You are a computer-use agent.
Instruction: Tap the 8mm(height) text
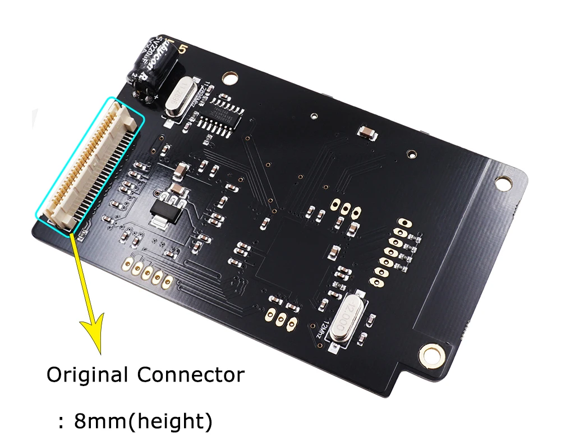click(143, 421)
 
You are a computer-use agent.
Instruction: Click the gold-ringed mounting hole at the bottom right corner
click(431, 354)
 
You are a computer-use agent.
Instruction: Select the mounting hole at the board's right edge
click(503, 183)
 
